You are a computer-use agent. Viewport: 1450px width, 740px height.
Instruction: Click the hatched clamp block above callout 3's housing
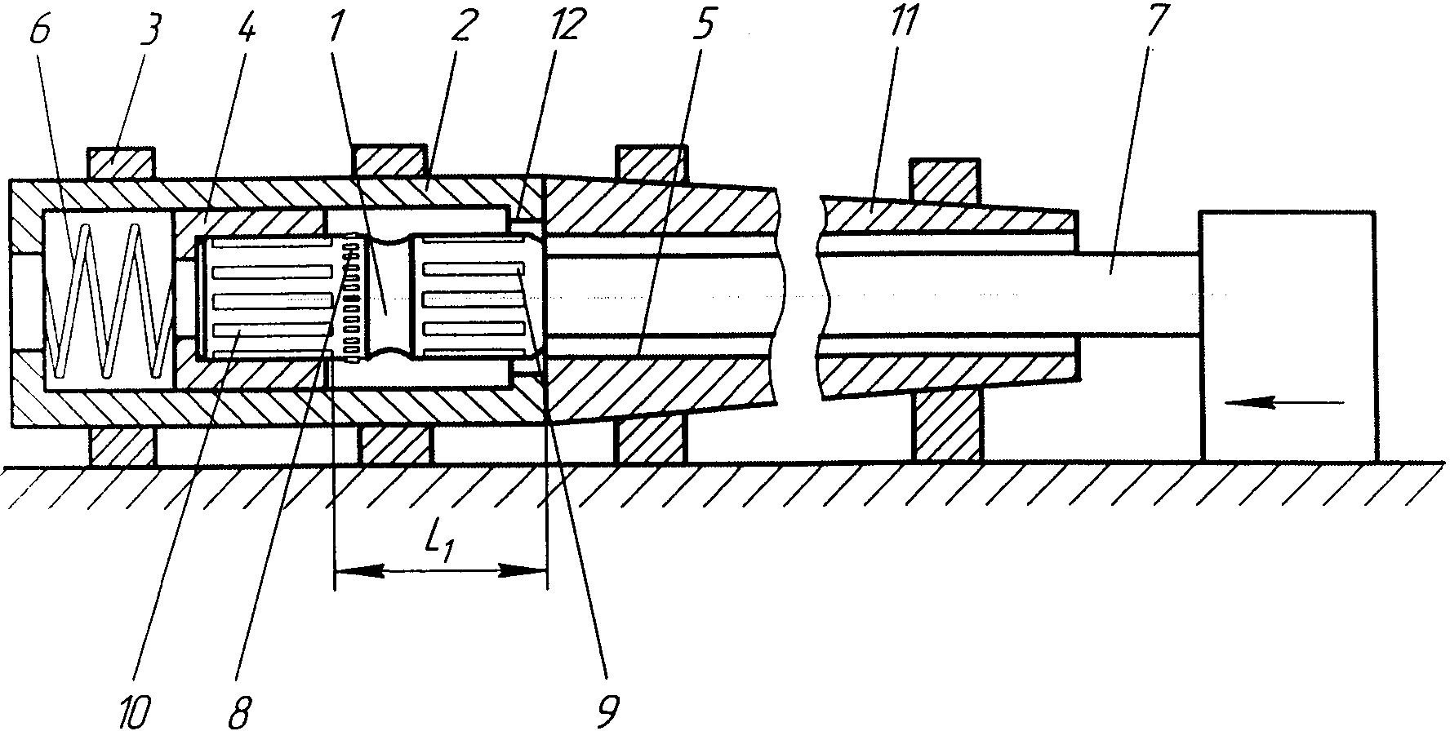click(121, 162)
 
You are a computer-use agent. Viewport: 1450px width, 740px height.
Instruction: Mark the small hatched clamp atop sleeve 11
click(945, 180)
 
